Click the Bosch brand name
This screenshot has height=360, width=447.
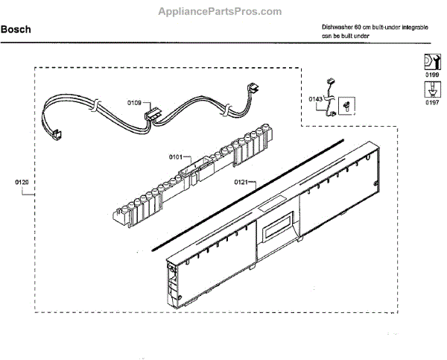(x=16, y=31)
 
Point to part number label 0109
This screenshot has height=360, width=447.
(x=134, y=103)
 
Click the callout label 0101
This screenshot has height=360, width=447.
(x=176, y=157)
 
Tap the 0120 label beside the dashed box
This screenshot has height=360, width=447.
(x=22, y=181)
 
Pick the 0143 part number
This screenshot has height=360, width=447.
(x=316, y=98)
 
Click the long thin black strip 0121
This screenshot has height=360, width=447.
(x=246, y=193)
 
